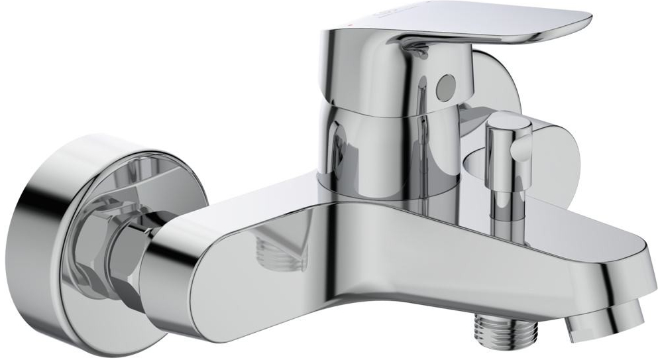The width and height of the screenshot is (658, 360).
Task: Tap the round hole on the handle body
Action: pyautogui.click(x=445, y=84)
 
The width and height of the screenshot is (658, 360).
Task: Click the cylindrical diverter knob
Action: pyautogui.click(x=506, y=142)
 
